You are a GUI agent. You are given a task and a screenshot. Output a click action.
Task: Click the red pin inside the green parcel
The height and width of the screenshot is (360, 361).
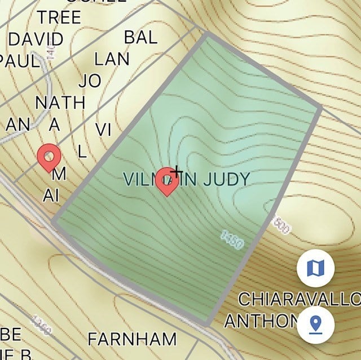pos(167,180)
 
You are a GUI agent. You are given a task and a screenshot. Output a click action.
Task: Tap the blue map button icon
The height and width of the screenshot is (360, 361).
pos(315,268)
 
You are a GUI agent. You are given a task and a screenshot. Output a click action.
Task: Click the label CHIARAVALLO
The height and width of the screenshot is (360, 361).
pos(300,299)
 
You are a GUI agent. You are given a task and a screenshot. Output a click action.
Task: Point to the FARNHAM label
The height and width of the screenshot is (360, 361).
pos(132,339)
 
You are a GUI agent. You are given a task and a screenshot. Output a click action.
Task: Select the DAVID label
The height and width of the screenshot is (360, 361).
pos(36,39)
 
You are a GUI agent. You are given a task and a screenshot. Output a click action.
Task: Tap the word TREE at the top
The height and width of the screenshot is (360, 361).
pos(59,17)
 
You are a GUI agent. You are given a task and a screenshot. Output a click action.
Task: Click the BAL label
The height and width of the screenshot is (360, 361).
pos(140,38)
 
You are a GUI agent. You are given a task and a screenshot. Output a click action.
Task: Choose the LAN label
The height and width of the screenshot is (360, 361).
pos(112,59)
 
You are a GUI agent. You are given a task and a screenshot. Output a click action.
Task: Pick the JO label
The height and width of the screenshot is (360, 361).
pos(90,81)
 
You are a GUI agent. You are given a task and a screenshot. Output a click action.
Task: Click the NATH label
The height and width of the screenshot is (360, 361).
pos(60,103)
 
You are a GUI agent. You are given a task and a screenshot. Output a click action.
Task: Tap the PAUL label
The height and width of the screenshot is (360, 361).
pos(20,60)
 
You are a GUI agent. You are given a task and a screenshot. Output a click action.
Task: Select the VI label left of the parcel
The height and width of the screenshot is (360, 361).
pos(103,130)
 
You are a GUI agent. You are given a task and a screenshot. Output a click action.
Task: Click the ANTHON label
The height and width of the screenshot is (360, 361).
pos(260,321)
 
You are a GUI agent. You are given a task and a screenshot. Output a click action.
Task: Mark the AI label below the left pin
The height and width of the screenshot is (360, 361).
pos(51,195)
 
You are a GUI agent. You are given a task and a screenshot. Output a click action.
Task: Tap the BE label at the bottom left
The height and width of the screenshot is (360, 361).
pos(11,335)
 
